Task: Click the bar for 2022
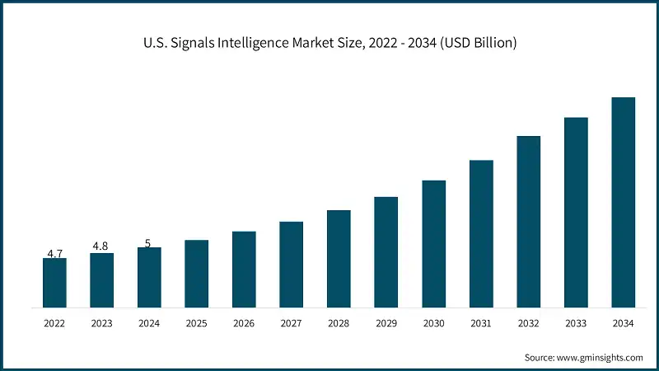pos(54,283)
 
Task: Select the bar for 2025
pos(196,274)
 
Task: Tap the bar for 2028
pos(339,259)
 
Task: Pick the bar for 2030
pos(433,244)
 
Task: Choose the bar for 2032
pos(528,222)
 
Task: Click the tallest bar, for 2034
pos(623,203)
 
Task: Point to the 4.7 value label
pos(54,254)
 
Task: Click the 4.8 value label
pos(100,247)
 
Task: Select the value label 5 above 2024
pos(147,243)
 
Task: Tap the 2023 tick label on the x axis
pos(101,325)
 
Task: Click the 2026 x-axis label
pos(244,325)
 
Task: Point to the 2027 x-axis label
pos(291,325)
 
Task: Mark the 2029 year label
pos(386,325)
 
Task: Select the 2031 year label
pos(481,325)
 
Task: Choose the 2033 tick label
pos(576,325)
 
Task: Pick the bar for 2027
pos(291,265)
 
